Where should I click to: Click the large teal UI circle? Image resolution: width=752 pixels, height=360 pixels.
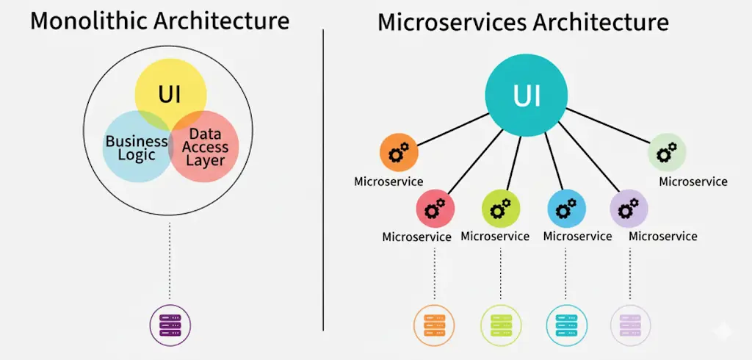526,96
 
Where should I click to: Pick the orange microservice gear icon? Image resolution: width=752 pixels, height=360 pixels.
399,153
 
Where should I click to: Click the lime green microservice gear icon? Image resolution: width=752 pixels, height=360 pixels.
501,209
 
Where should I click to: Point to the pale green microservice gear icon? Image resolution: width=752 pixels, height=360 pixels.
667,153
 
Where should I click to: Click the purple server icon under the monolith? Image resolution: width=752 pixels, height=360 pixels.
170,323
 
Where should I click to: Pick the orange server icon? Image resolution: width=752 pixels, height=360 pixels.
434,323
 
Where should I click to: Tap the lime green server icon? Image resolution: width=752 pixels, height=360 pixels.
500,323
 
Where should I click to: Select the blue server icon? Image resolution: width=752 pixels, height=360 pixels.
566,323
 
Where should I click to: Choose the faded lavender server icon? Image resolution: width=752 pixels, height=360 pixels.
631,323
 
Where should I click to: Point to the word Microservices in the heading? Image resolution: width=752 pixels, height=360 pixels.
452,22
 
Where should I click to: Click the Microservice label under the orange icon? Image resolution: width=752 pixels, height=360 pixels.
388,181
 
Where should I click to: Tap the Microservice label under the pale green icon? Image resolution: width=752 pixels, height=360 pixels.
693,181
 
